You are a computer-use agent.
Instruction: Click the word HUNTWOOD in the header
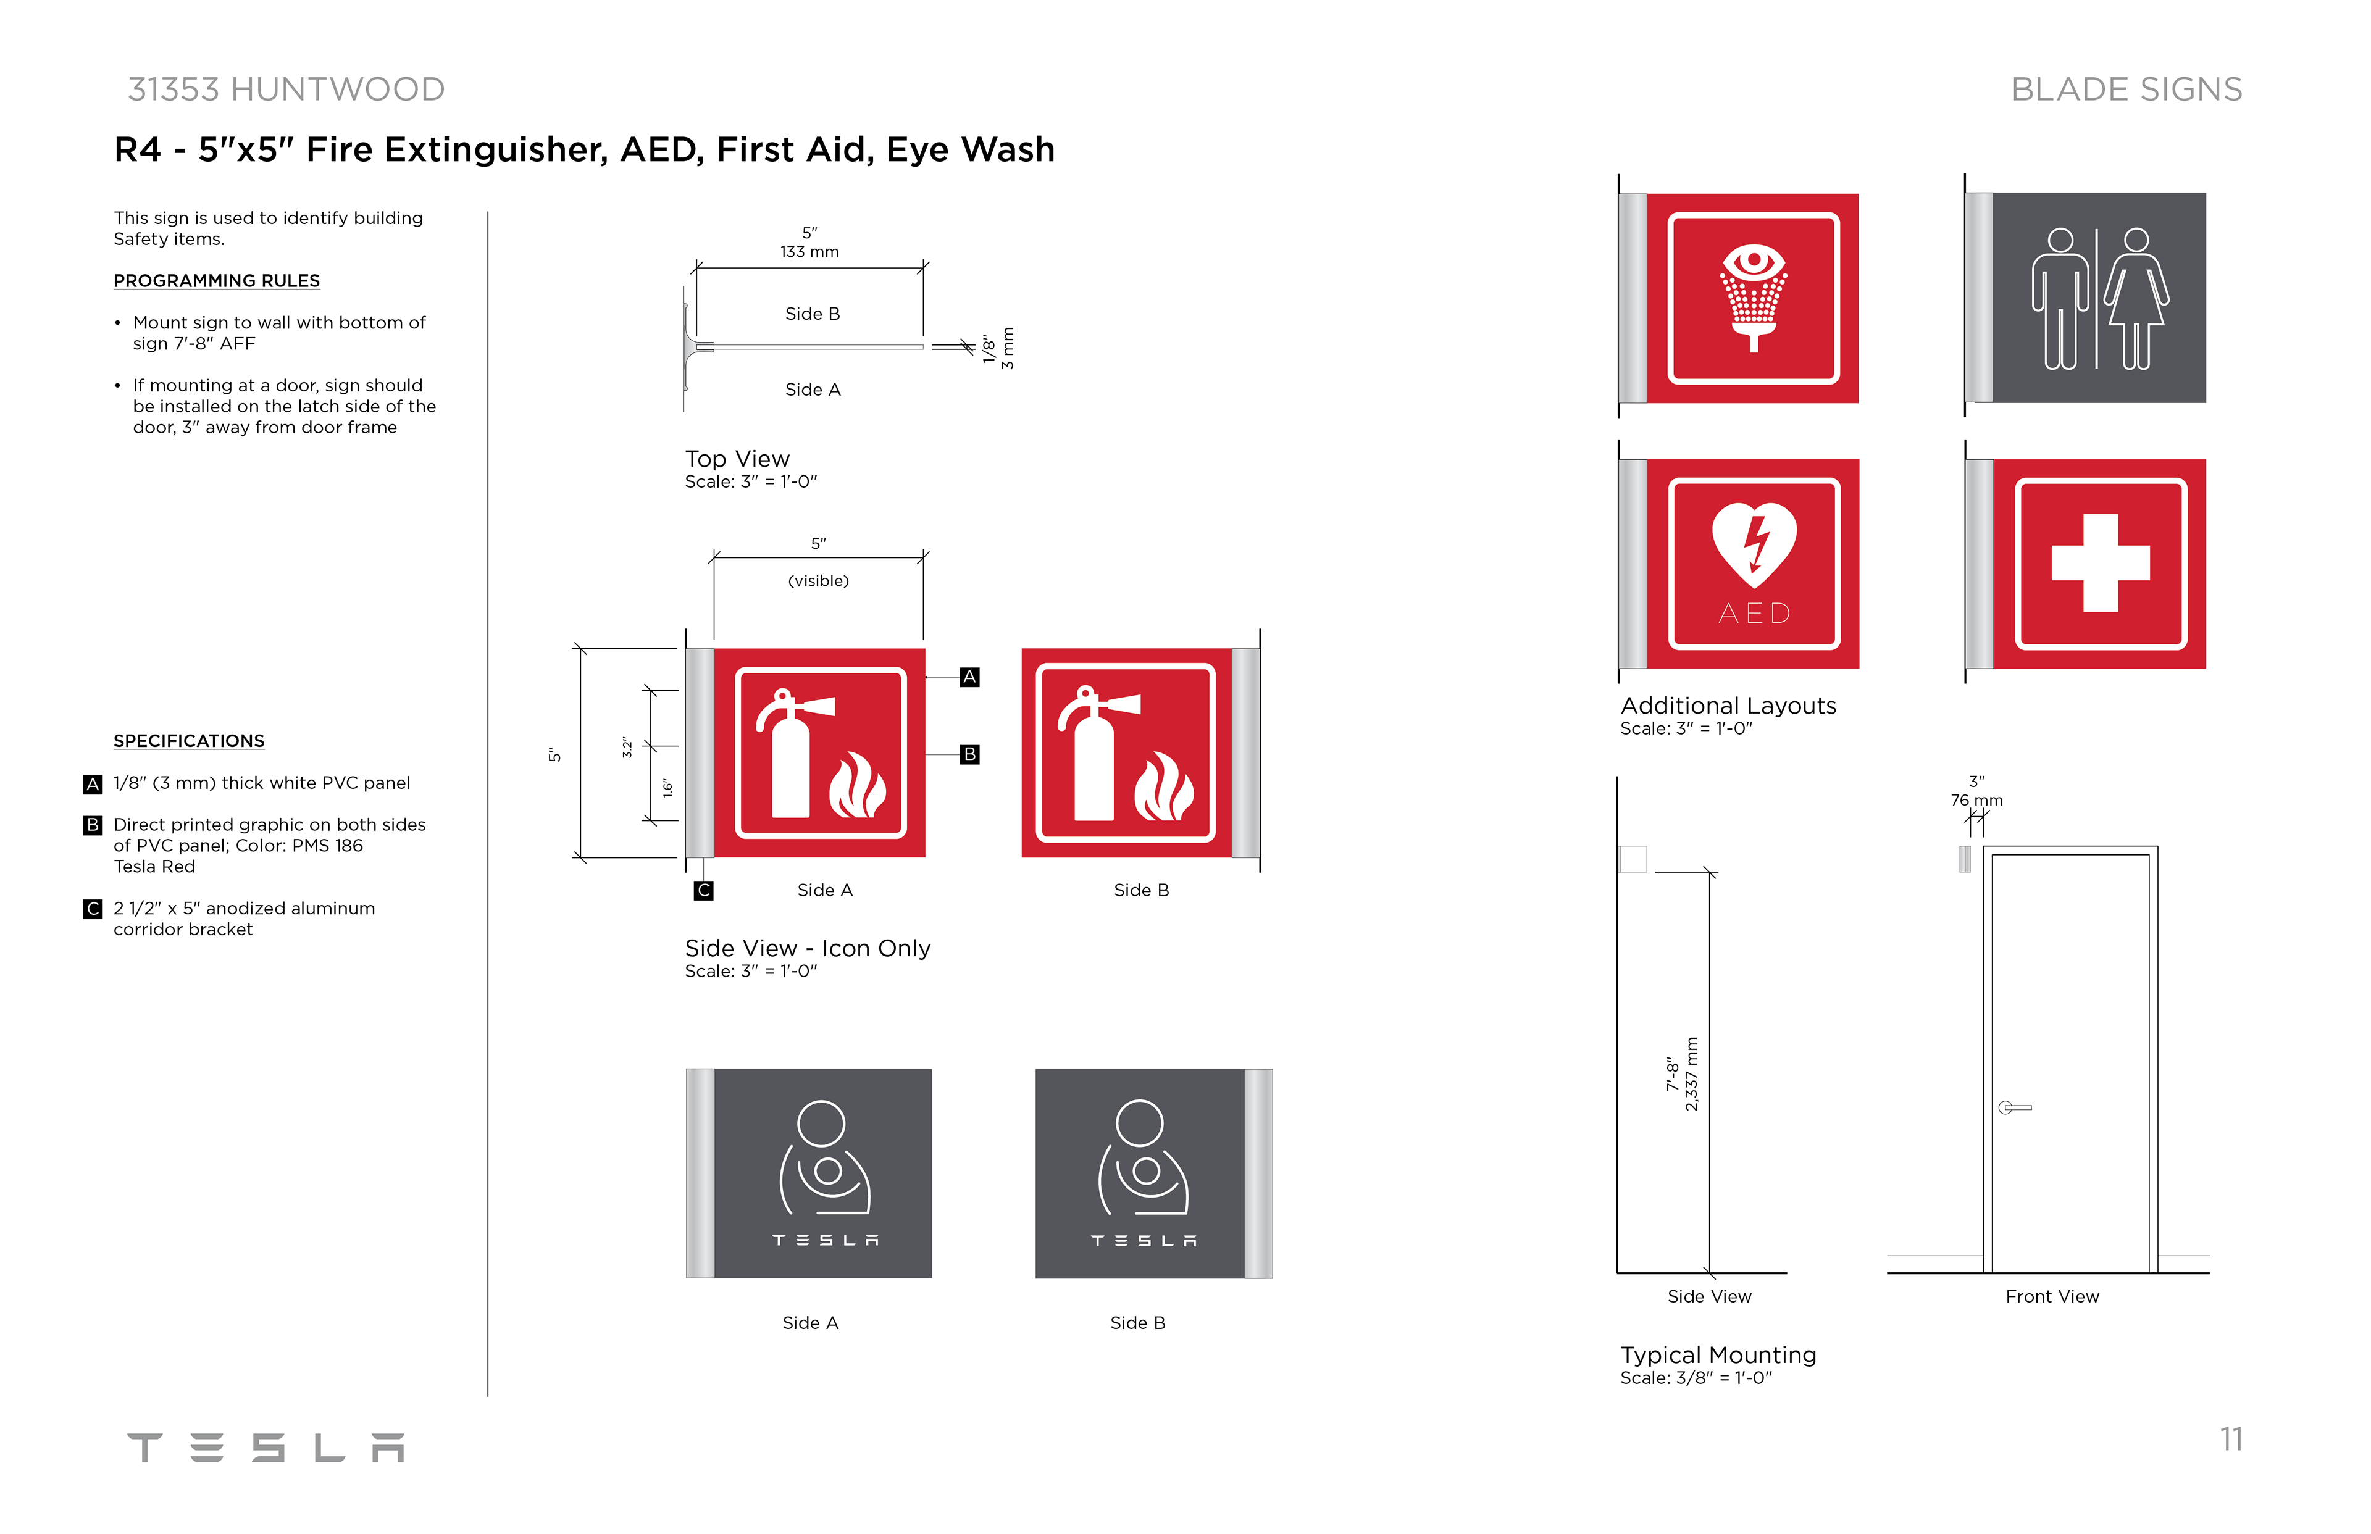coord(338,90)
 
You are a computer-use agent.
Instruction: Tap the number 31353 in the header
coord(174,90)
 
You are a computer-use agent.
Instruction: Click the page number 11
coord(2231,1440)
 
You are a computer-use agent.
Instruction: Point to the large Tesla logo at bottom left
coord(266,1448)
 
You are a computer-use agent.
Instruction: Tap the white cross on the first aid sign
coord(2100,563)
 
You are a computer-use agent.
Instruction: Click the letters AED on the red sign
coord(1754,614)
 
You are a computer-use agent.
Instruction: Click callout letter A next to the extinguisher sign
coord(969,677)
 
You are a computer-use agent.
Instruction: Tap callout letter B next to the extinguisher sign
coord(969,754)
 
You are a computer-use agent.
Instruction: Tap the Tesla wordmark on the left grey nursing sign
coord(826,1240)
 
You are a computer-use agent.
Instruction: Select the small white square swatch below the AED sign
coord(1633,859)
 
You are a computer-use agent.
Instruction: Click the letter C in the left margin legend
coord(93,909)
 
